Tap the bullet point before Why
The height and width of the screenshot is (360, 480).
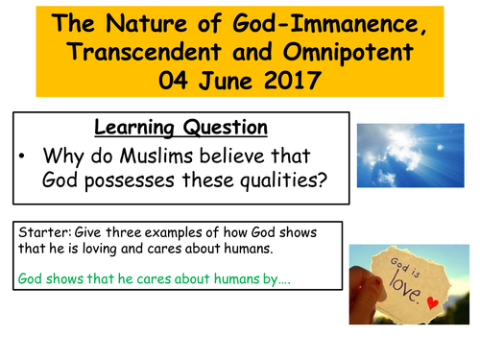[x=23, y=157]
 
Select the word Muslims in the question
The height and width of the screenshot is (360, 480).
[x=184, y=157]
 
